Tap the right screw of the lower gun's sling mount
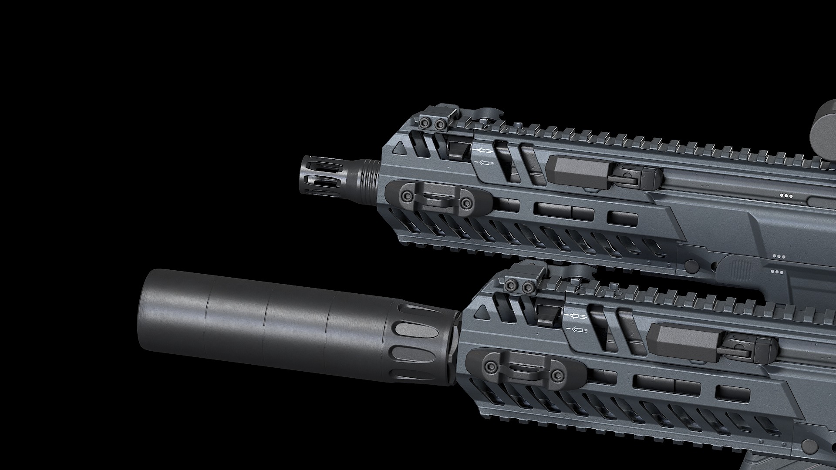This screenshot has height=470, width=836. point(556,375)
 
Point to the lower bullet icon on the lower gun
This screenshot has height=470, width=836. point(577,330)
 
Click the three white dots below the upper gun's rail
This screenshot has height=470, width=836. point(786,196)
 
